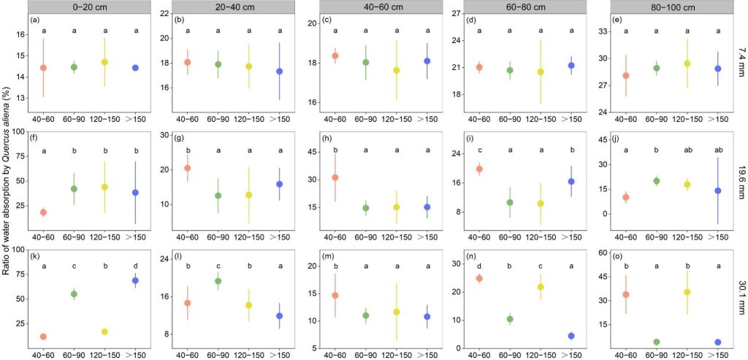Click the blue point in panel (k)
click(x=135, y=280)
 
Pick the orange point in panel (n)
click(x=479, y=278)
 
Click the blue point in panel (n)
click(x=571, y=336)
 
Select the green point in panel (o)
click(x=656, y=342)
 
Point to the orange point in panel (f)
click(x=43, y=212)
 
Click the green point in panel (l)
click(x=218, y=281)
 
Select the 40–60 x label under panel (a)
click(x=43, y=118)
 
